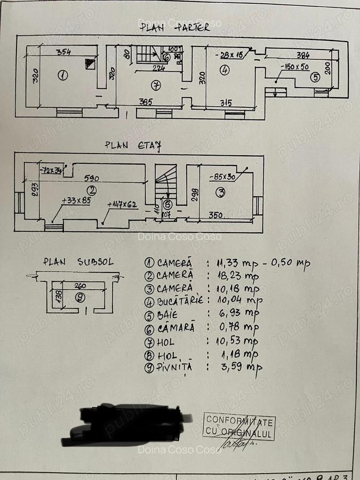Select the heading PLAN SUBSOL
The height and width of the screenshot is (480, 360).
coord(78,262)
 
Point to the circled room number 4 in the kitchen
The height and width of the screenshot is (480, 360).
coord(225,70)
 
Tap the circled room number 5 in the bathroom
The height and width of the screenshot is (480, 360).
coord(315,77)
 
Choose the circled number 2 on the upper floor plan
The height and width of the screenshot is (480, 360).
coord(92,189)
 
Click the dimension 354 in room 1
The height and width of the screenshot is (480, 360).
coord(64,51)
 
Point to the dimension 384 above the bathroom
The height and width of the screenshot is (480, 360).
coord(303,55)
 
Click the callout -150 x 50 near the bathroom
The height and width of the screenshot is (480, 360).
coord(294,66)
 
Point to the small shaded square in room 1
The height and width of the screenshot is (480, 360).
coord(90,64)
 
